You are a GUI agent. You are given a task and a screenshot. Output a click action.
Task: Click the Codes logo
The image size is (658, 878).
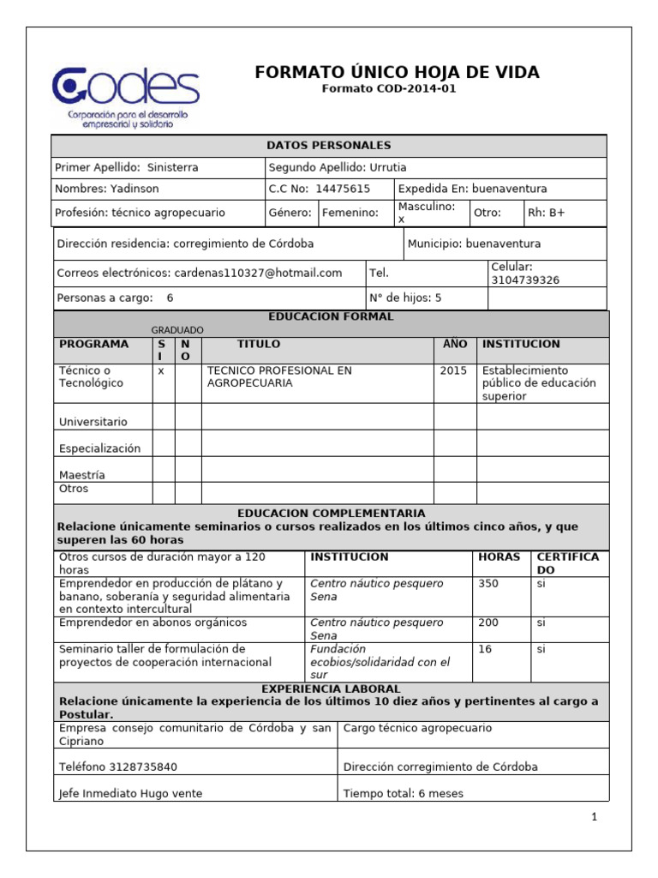coord(125,95)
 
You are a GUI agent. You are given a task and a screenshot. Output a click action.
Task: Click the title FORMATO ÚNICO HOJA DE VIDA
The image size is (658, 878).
coord(397,72)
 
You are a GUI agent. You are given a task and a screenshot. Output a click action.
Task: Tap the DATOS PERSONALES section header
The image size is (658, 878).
coord(329,146)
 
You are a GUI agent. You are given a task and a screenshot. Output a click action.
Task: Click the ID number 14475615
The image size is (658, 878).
coord(343,189)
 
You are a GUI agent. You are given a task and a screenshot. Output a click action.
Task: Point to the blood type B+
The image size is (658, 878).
coord(557,212)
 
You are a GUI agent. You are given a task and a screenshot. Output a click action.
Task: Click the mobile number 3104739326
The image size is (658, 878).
coord(525,280)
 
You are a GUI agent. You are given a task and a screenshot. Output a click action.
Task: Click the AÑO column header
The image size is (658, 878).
coord(455,344)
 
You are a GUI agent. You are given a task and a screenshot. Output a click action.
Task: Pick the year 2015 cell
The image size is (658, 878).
coord(453,370)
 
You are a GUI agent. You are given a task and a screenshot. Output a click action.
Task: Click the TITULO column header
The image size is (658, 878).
coord(259,344)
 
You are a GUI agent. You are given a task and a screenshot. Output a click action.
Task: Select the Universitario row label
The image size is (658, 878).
coord(93,422)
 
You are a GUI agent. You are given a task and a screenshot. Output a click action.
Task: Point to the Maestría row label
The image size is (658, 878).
coord(82,474)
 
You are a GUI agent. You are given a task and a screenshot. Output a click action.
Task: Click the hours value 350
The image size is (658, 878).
coord(488,583)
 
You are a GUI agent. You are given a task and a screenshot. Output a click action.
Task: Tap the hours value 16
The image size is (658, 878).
coord(485,649)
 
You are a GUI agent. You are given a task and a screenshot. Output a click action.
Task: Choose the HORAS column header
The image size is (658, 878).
coord(499,556)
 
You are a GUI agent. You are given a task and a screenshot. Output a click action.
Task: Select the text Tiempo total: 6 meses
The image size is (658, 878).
coord(403,793)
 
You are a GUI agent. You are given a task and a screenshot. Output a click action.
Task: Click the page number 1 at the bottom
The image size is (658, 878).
coord(593,817)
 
